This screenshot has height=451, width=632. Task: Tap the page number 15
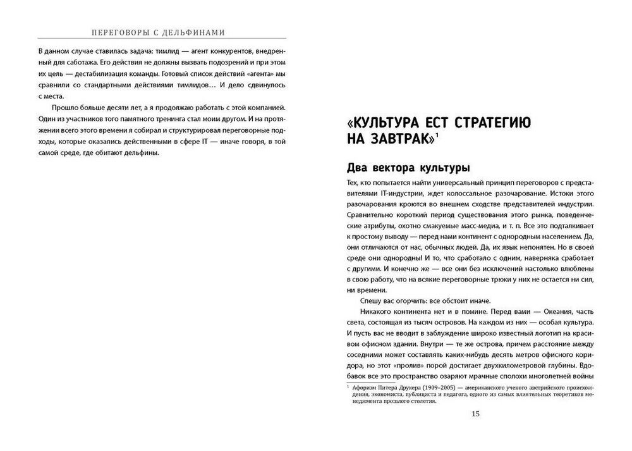(x=476, y=414)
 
